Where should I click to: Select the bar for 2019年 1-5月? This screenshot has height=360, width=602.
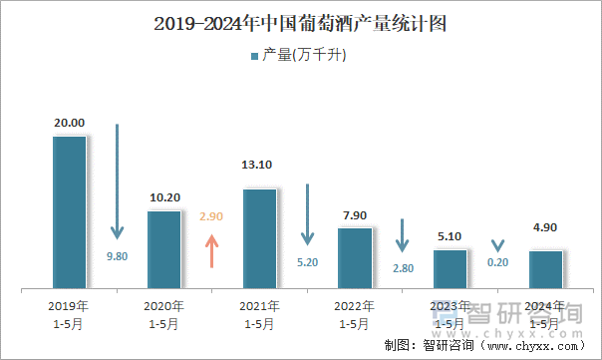coord(69,212)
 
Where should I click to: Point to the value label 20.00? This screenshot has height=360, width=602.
coord(69,123)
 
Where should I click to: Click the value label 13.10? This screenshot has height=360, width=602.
coord(259,166)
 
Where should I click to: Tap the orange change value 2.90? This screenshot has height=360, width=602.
coord(211,215)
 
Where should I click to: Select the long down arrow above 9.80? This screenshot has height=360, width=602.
coord(117,180)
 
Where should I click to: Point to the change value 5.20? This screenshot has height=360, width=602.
coord(307,262)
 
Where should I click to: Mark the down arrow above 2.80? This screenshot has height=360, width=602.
coord(403,236)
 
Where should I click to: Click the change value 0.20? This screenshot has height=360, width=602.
coord(497,262)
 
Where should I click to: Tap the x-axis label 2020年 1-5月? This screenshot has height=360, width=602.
coord(164,314)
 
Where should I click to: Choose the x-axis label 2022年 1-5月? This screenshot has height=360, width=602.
coord(355,314)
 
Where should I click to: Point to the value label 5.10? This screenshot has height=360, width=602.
coord(450,236)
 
